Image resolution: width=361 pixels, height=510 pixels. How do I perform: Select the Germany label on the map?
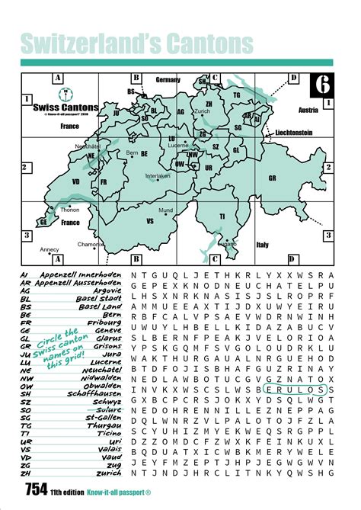(x=168, y=79)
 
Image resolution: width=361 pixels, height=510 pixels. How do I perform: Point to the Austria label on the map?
(x=308, y=110)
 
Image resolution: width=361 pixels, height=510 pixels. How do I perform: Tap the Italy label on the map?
(x=262, y=245)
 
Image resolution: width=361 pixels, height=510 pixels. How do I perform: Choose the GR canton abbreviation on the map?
(x=272, y=178)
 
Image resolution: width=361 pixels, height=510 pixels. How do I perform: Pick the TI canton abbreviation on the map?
(x=222, y=217)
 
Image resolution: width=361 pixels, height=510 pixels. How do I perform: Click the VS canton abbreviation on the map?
(x=150, y=220)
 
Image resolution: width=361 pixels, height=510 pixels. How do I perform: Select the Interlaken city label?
(x=158, y=175)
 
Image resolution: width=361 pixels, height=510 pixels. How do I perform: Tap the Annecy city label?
(x=50, y=249)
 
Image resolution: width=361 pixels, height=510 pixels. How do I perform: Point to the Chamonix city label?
(x=90, y=244)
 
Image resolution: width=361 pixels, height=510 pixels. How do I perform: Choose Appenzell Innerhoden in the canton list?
(x=84, y=273)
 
